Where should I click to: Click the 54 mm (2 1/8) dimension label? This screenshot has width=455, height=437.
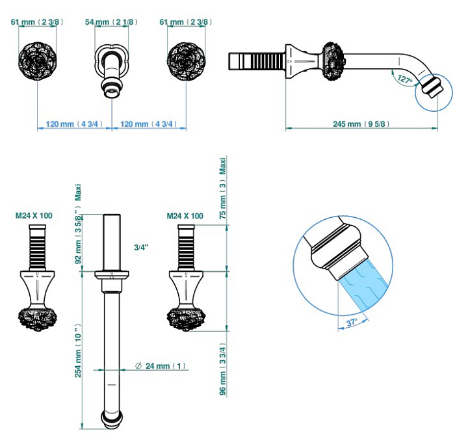click(x=112, y=22)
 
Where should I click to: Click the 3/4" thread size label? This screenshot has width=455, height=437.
click(x=142, y=248)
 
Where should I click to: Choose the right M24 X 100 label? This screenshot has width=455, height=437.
click(x=185, y=216)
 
